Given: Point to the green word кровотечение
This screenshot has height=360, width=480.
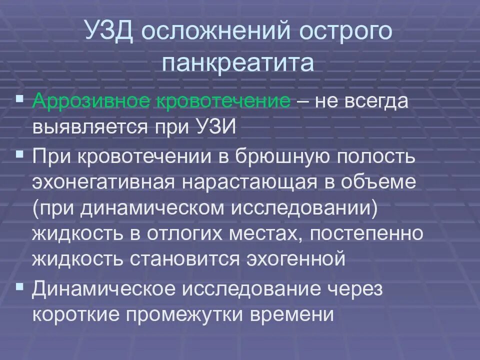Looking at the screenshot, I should pyautogui.click(x=224, y=102).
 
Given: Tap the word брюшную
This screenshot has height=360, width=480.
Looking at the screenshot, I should pyautogui.click(x=295, y=155).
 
